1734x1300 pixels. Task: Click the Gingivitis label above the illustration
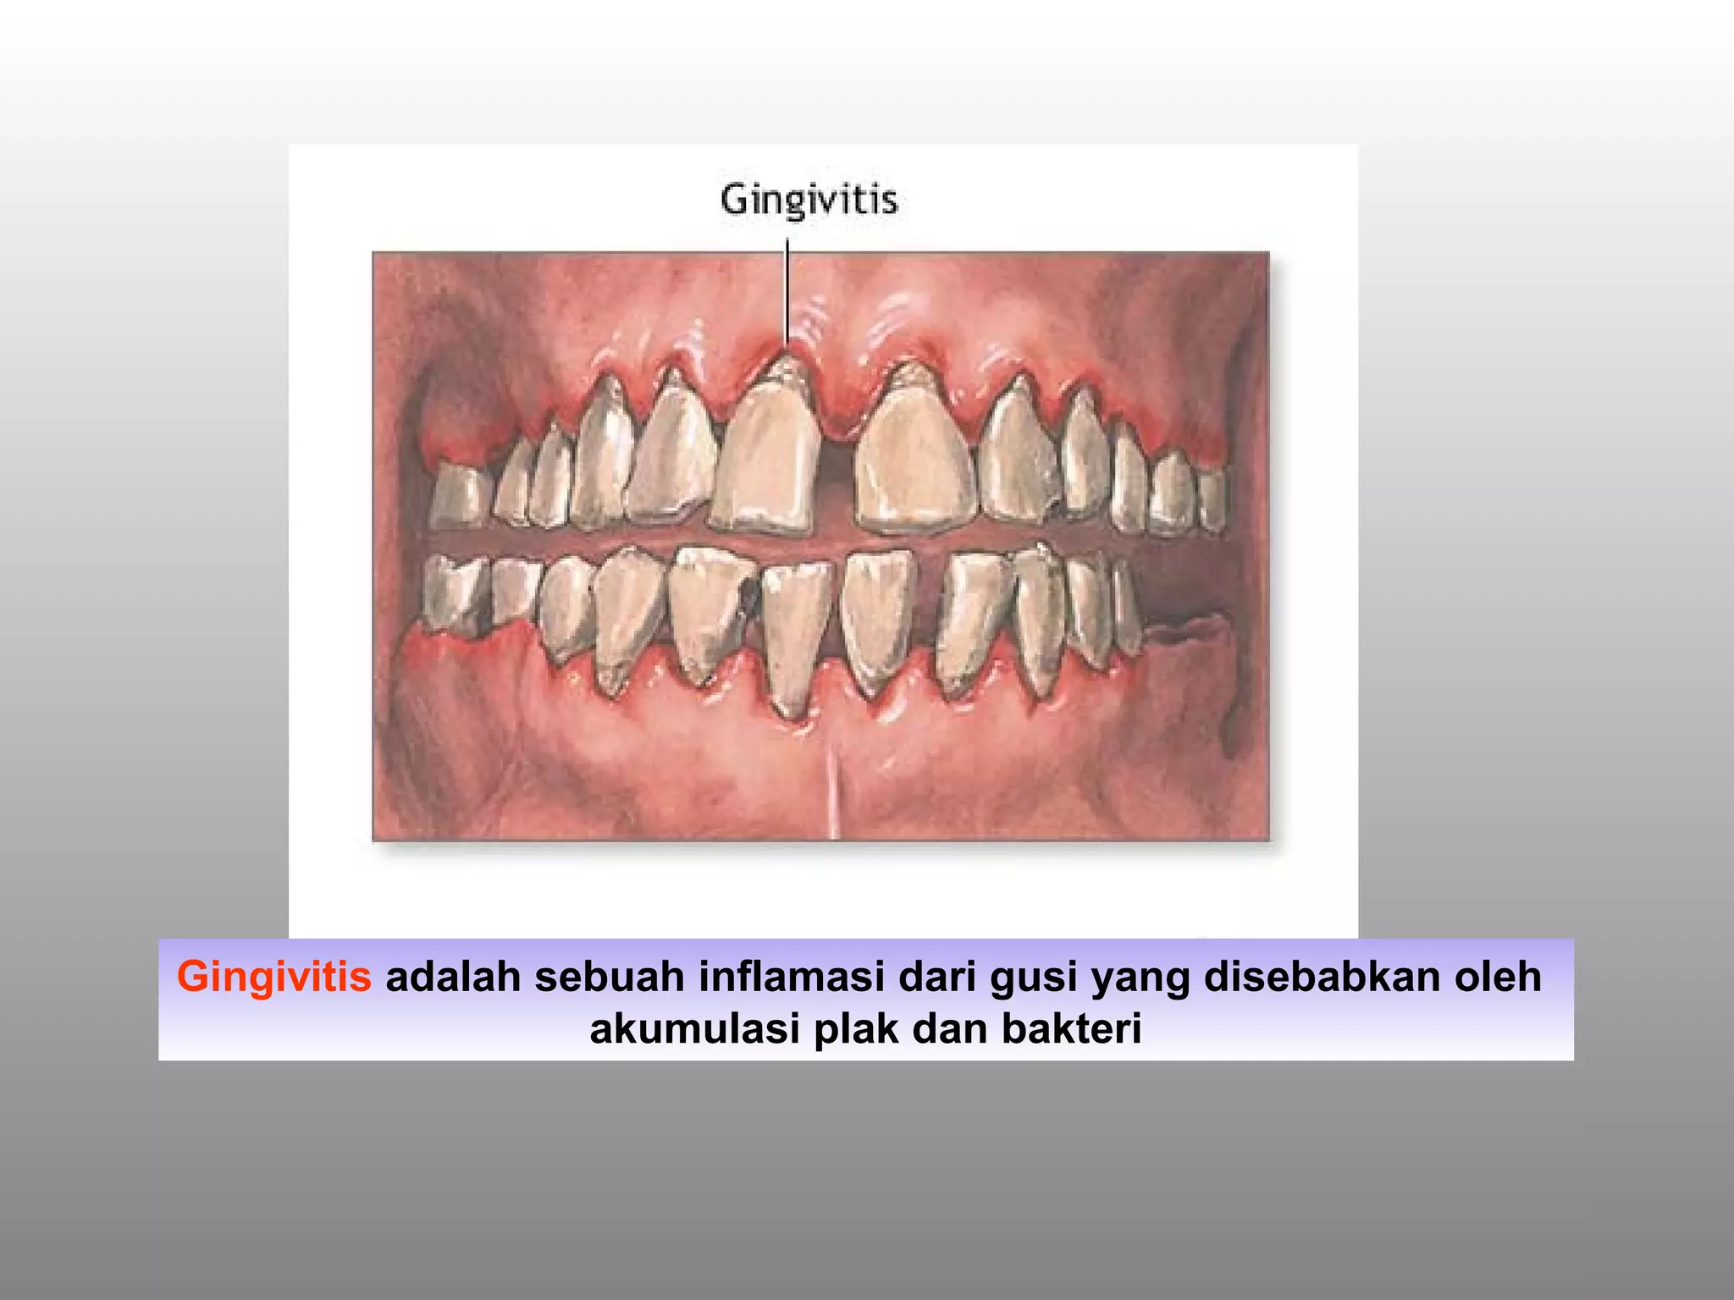[x=809, y=201]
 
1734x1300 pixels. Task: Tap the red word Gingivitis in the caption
[x=273, y=977]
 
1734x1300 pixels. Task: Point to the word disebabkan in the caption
[x=1310, y=977]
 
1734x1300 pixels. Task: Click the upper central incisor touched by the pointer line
[x=769, y=457]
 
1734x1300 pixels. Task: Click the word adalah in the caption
[x=452, y=977]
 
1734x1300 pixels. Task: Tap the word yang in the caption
[x=1140, y=977]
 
